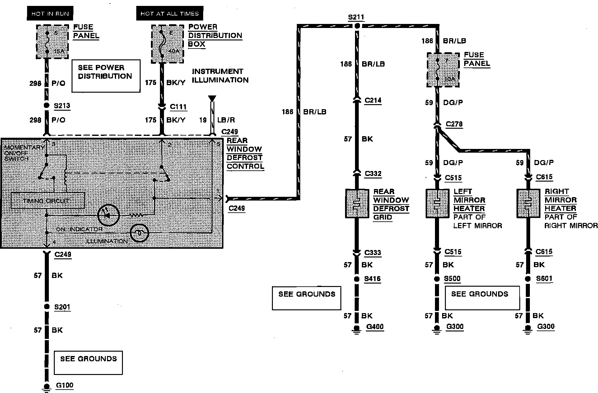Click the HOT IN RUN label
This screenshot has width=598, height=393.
(50, 13)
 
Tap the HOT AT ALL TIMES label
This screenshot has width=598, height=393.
(170, 13)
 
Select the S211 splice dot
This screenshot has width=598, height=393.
(357, 25)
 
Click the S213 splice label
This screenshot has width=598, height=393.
(62, 106)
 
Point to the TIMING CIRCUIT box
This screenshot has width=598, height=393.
(48, 201)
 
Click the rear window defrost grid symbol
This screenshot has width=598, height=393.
(357, 204)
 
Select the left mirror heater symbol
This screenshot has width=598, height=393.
(437, 204)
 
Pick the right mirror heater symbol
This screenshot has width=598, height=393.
(528, 204)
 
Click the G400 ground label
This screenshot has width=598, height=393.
(375, 327)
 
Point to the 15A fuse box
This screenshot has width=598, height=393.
(52, 42)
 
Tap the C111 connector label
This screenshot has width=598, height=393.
(178, 107)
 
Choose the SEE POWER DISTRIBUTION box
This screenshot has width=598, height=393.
(106, 76)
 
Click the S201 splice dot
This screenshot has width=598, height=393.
(47, 307)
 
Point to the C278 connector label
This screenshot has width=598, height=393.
(454, 124)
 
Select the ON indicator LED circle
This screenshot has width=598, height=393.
(108, 215)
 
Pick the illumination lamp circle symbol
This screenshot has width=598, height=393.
(139, 233)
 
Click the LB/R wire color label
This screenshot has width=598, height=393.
(226, 120)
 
